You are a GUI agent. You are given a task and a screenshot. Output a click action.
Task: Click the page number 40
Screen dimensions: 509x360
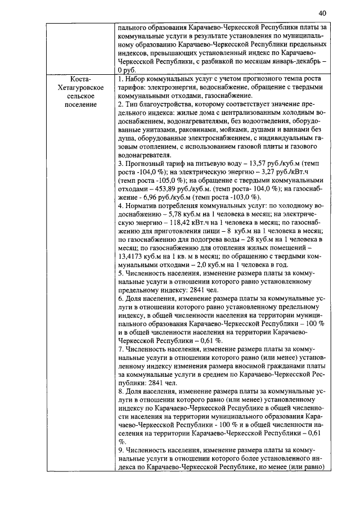[322, 13]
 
